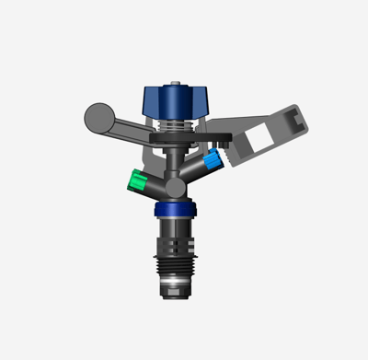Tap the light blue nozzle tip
point(213,162)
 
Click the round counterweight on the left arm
point(96,116)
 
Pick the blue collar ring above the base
point(173,211)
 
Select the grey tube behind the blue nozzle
point(194,168)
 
